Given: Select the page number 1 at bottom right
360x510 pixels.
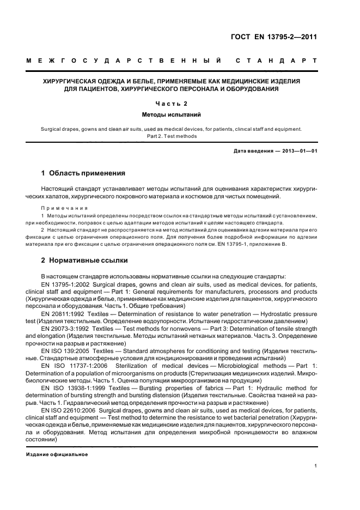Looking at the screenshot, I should [x=316, y=465].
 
